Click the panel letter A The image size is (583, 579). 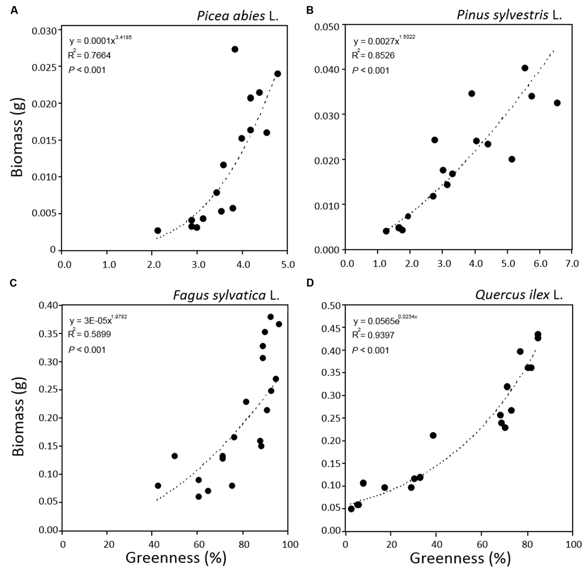[14, 10]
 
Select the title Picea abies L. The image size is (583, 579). [238, 16]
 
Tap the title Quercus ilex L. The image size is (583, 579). [519, 295]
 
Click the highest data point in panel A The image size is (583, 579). [235, 49]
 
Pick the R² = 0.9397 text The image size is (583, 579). [373, 335]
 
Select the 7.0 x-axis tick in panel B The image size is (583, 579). [572, 263]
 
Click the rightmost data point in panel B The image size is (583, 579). [557, 103]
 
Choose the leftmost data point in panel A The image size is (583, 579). [158, 231]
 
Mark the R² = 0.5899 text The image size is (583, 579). [89, 334]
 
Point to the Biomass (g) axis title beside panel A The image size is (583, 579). [17, 137]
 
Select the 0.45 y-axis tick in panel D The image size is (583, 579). [331, 328]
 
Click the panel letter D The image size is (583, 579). [310, 283]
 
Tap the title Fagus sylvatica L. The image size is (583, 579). [226, 295]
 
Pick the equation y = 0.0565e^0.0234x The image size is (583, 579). [385, 321]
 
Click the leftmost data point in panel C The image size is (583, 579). [158, 486]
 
